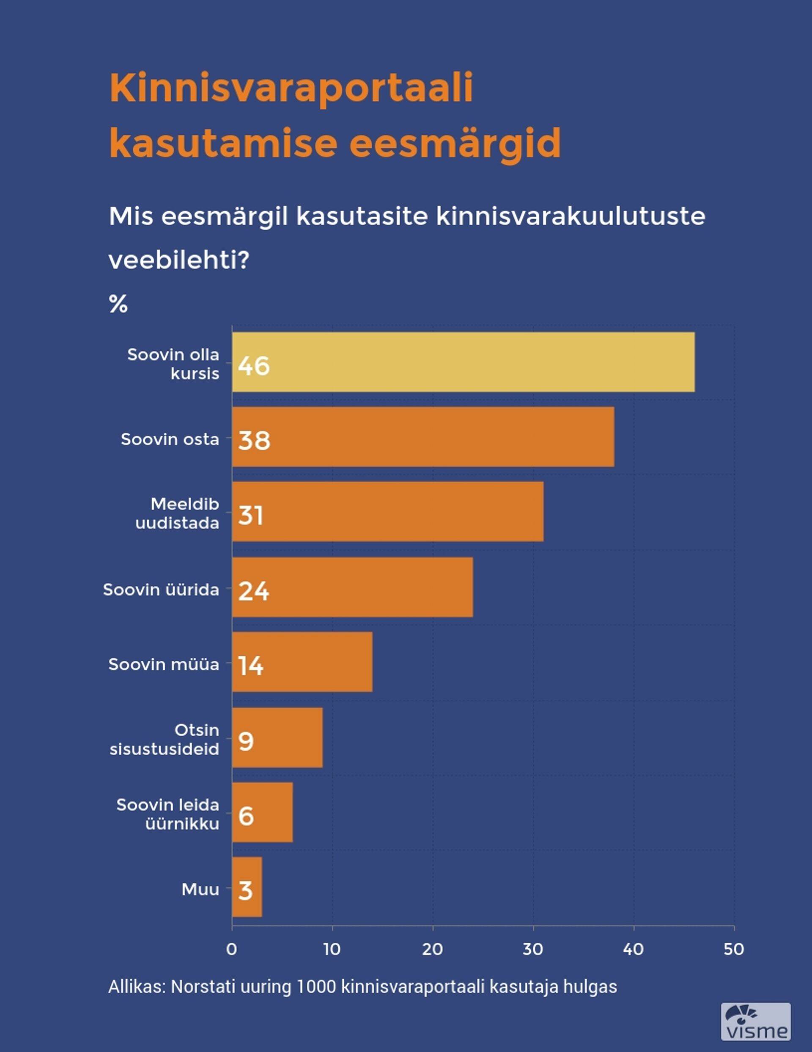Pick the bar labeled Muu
(x=247, y=887)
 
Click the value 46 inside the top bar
(x=254, y=366)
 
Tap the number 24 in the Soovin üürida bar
(x=254, y=591)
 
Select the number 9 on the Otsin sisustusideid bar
(x=246, y=741)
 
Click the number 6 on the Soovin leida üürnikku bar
(x=246, y=816)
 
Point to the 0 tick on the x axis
(x=231, y=950)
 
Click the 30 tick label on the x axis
(x=533, y=950)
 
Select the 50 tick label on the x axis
(x=733, y=950)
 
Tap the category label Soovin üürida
(x=161, y=590)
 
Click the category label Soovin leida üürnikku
(x=168, y=814)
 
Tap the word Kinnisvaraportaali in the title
(x=291, y=88)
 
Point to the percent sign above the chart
(x=118, y=304)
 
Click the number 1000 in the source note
(x=316, y=986)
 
